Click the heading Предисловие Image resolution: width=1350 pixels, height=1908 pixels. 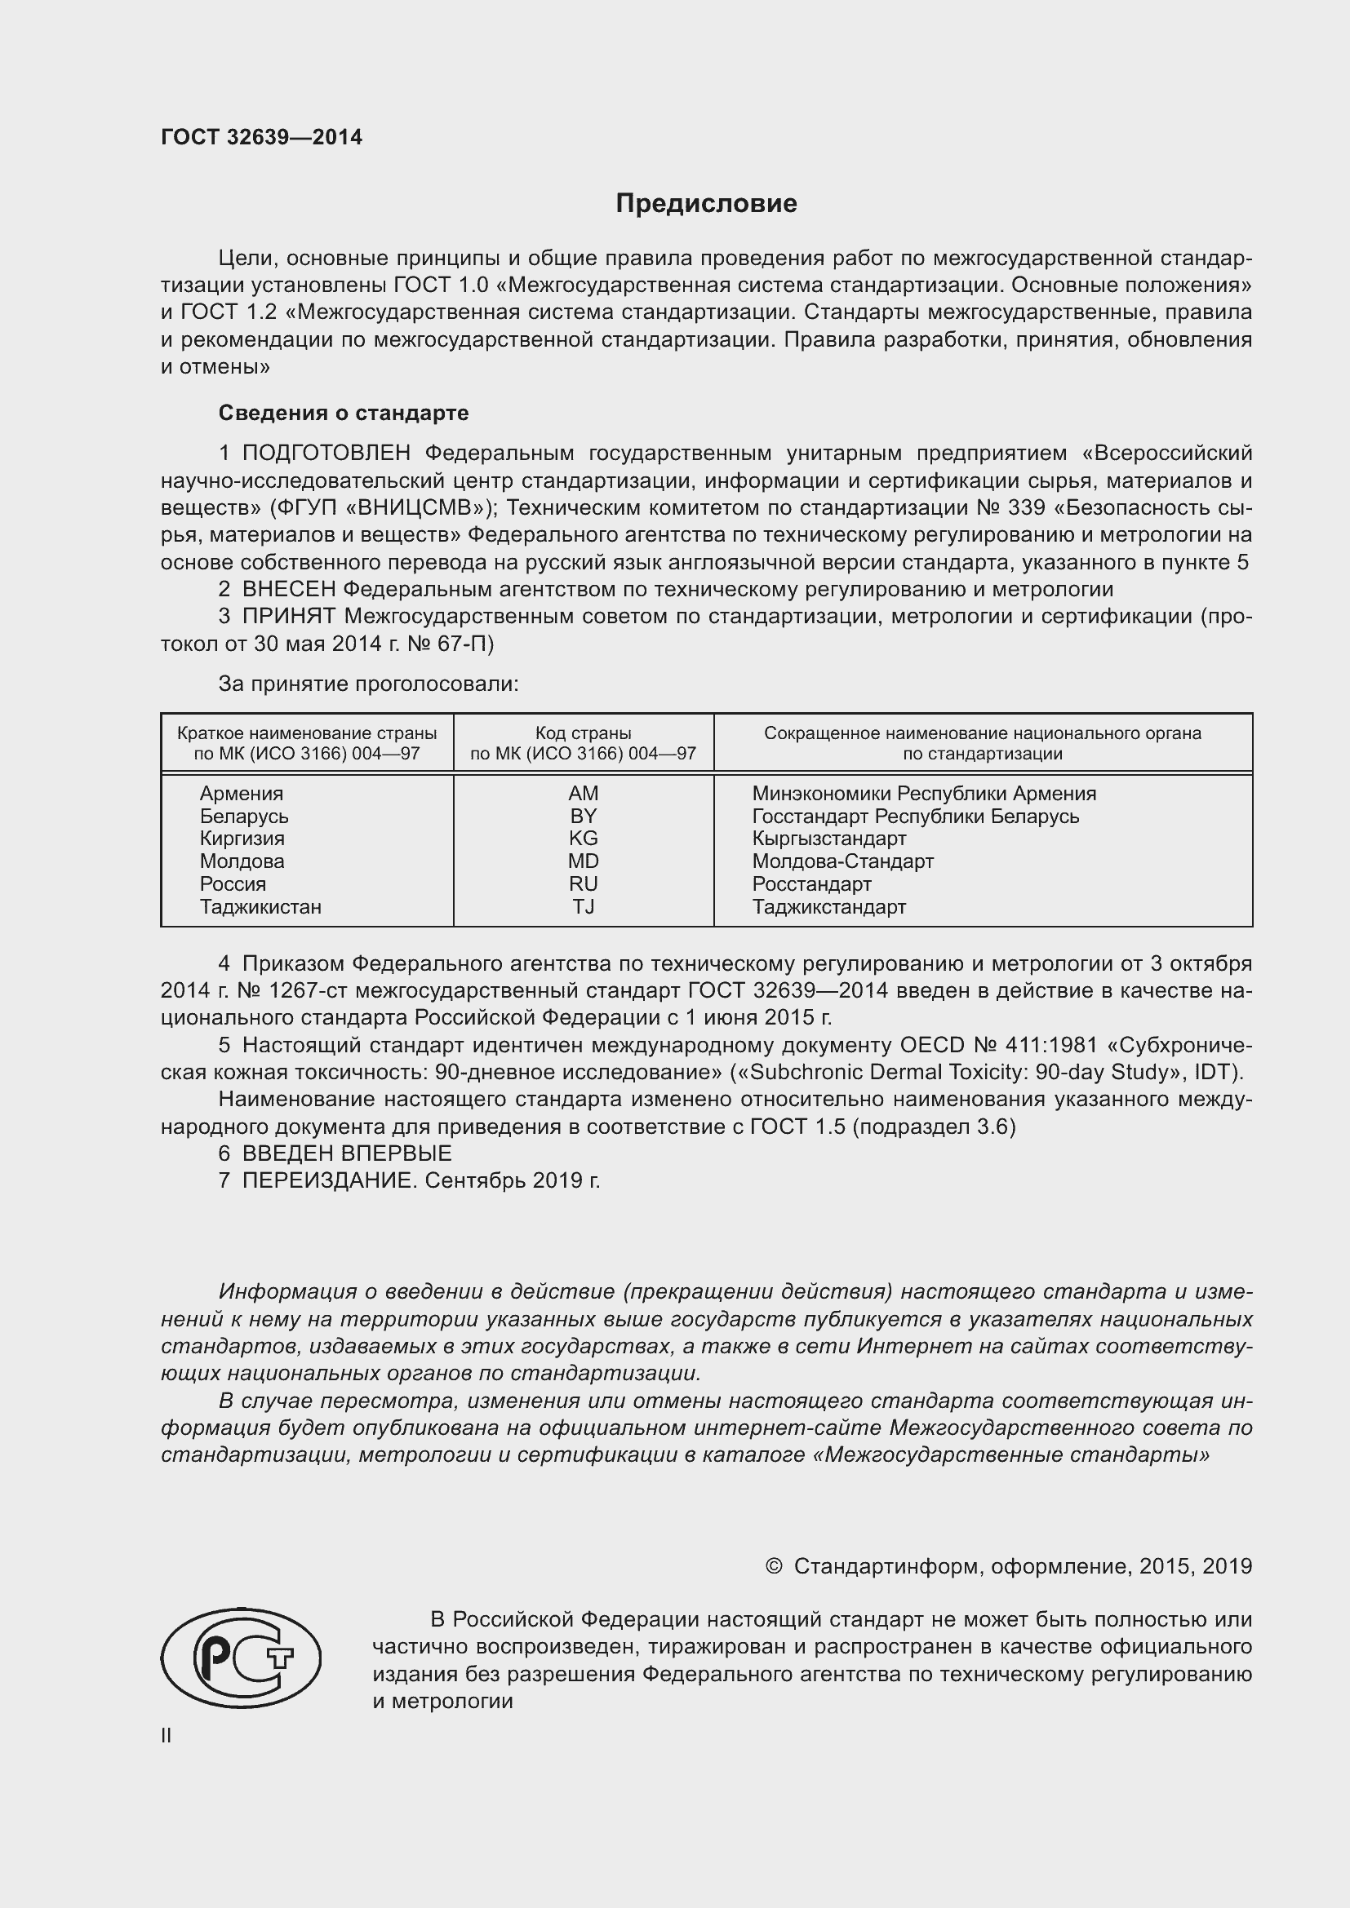click(706, 204)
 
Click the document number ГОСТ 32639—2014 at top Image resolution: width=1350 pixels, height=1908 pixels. click(261, 138)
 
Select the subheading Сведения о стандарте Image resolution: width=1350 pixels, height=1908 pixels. click(344, 413)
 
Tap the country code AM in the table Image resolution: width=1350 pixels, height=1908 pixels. click(583, 794)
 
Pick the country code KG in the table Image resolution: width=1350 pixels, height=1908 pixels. click(583, 839)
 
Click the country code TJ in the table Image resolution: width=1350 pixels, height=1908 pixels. click(583, 906)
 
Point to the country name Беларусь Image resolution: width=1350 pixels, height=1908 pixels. click(243, 816)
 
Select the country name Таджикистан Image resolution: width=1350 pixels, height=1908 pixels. click(260, 906)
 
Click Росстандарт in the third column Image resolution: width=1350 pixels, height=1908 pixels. click(811, 884)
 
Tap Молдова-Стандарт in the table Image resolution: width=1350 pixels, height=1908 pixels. click(842, 861)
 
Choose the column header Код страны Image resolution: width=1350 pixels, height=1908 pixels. click(583, 733)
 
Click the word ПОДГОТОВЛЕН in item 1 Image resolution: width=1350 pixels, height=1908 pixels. click(326, 453)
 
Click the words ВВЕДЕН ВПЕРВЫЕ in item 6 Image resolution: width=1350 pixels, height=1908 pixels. click(347, 1153)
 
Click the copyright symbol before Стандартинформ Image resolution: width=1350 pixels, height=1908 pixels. click(773, 1566)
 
